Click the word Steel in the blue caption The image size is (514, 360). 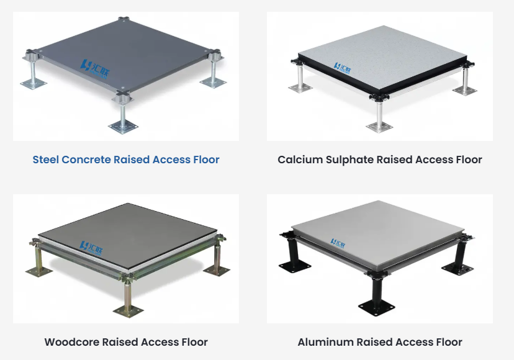coord(45,160)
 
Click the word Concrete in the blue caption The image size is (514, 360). coord(86,160)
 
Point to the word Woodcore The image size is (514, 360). coord(72,342)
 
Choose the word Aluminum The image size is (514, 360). coord(325,342)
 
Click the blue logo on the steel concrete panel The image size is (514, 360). coord(95,69)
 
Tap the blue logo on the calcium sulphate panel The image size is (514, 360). coord(342,68)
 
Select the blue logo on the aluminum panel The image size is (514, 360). coord(338,243)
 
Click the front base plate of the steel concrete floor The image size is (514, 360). coord(124,126)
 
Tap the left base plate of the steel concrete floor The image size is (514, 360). coord(34,84)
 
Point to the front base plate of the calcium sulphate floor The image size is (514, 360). coord(379,127)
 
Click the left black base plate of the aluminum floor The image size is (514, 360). coord(294,266)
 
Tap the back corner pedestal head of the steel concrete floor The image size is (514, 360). coord(124,20)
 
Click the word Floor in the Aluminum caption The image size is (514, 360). coord(448,342)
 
